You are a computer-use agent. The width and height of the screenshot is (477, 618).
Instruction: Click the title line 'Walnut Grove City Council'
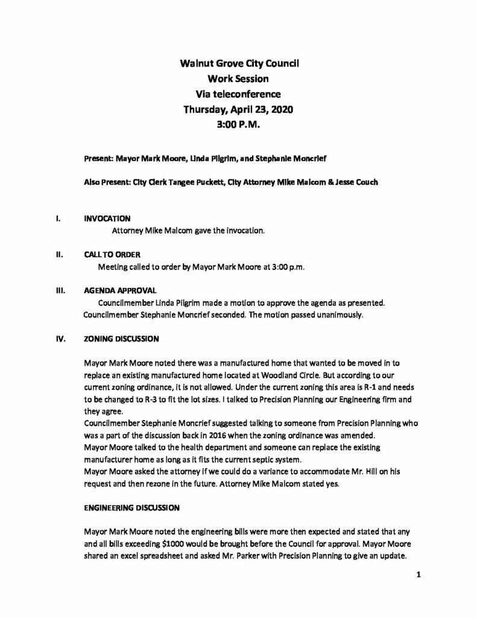click(x=238, y=63)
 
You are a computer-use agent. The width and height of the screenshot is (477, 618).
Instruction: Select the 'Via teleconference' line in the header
click(x=238, y=94)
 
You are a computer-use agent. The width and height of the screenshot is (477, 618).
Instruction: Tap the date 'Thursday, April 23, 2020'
click(x=238, y=110)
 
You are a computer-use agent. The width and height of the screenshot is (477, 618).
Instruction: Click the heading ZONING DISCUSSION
click(x=121, y=339)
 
